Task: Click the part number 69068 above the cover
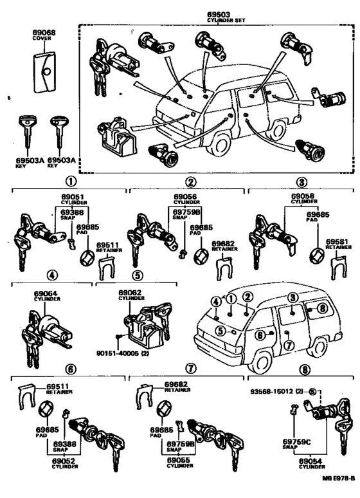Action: pos(42,32)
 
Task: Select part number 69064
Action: pos(46,293)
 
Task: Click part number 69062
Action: pos(130,293)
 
